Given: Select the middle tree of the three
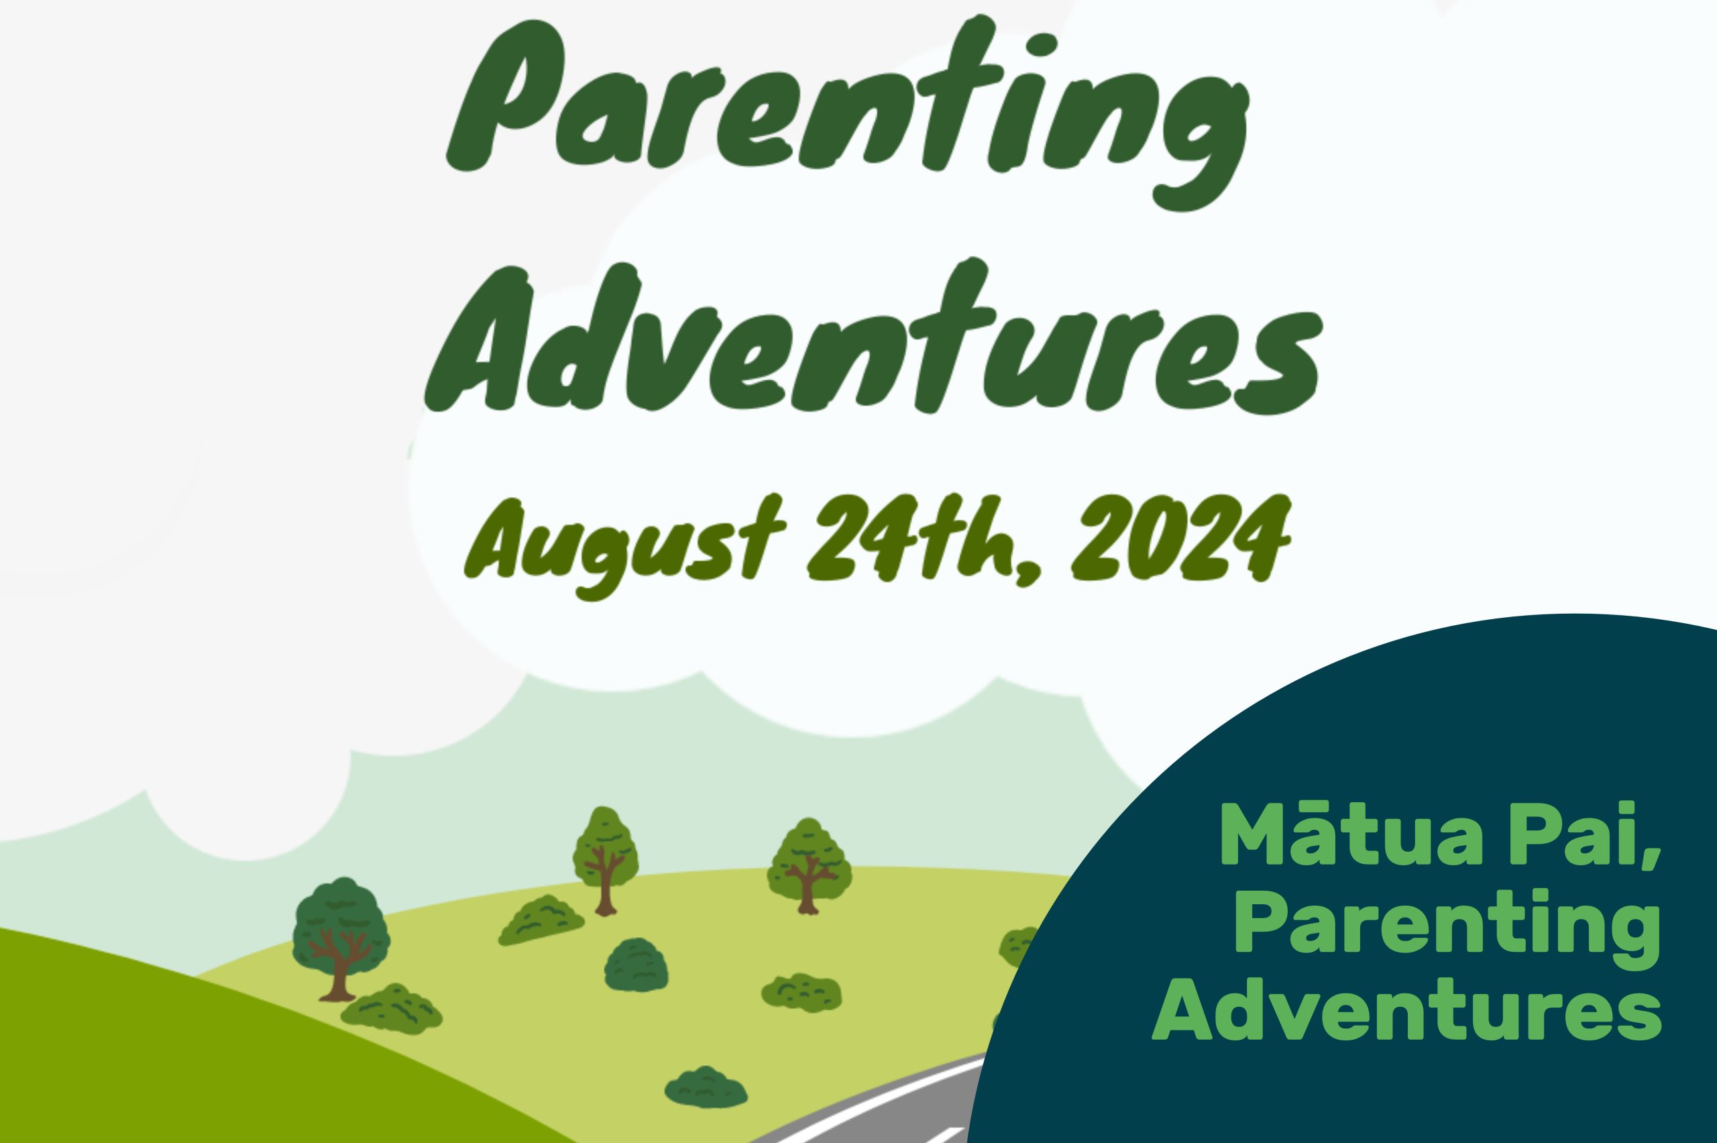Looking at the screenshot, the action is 605,860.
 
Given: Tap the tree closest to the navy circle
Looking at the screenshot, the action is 809,866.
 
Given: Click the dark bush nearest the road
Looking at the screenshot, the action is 706,1088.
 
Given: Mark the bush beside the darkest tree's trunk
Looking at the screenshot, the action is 391,1009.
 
